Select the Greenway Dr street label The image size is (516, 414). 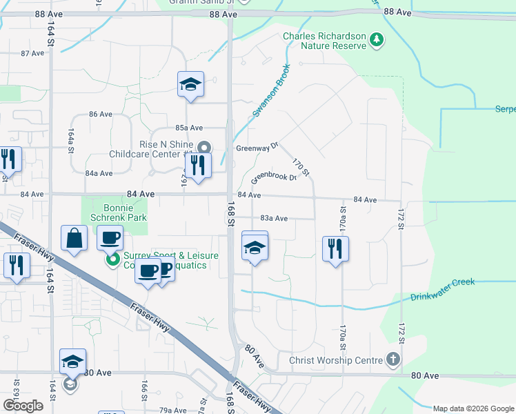tap(257, 147)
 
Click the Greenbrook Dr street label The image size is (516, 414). tap(273, 177)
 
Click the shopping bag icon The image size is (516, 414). tap(75, 238)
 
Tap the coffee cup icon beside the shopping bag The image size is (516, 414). tap(110, 238)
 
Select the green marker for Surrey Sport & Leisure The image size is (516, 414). tap(111, 261)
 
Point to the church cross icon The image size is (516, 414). tap(393, 359)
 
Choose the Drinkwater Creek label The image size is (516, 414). tap(442, 290)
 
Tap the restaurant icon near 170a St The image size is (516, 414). tap(335, 248)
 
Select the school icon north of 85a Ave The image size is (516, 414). tap(190, 84)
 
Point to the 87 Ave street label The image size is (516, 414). tap(32, 53)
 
